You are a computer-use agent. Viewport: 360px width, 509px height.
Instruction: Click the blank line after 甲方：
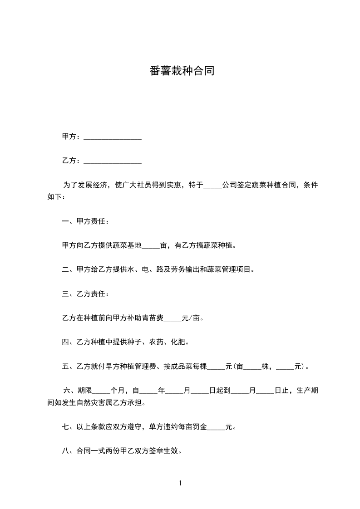click(x=113, y=137)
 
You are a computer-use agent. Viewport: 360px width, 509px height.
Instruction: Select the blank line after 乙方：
click(x=113, y=161)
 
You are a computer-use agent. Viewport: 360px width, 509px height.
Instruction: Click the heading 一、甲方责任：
click(x=85, y=221)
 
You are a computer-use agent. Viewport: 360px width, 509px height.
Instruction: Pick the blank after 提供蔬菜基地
click(x=151, y=246)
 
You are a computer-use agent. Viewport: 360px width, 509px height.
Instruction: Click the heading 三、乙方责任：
click(x=85, y=294)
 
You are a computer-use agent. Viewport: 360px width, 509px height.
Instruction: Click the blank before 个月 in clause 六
click(x=101, y=390)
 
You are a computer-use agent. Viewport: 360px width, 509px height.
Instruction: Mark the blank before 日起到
click(x=200, y=390)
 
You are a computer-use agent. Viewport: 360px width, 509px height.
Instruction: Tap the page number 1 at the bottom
click(x=180, y=483)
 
